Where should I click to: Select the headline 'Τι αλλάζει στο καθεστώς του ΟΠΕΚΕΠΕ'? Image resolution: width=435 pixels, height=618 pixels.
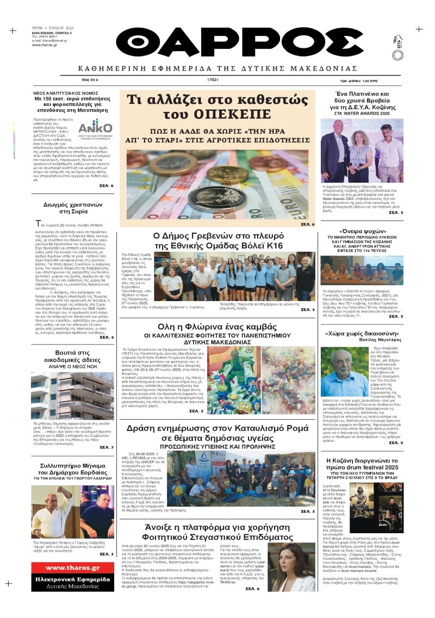pos(217,107)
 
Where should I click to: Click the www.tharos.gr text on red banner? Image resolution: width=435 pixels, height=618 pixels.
pos(72,569)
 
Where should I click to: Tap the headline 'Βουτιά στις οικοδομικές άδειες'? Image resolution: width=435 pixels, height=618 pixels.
pos(72,356)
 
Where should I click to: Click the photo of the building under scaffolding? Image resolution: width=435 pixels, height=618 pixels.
pos(72,395)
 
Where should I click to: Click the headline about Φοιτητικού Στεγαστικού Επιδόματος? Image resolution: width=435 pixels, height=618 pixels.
pos(217,533)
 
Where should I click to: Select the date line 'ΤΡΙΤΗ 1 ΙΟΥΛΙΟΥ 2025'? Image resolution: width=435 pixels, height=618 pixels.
pos(52,27)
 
